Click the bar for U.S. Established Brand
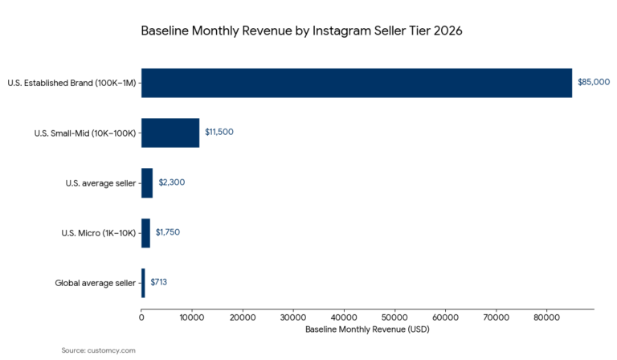click(x=357, y=83)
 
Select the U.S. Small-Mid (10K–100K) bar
click(x=170, y=133)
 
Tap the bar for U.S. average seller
click(x=147, y=182)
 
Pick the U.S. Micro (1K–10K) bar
click(x=145, y=233)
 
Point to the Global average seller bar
click(x=143, y=283)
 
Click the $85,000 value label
click(x=594, y=82)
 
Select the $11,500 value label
click(x=219, y=132)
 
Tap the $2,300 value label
click(x=172, y=182)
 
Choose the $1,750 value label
click(x=168, y=232)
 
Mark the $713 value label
click(x=158, y=282)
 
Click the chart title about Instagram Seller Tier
click(x=301, y=31)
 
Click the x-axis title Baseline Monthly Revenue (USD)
click(x=367, y=330)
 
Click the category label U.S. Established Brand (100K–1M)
click(x=72, y=83)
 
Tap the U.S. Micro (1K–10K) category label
click(x=98, y=233)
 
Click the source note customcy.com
click(x=99, y=350)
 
